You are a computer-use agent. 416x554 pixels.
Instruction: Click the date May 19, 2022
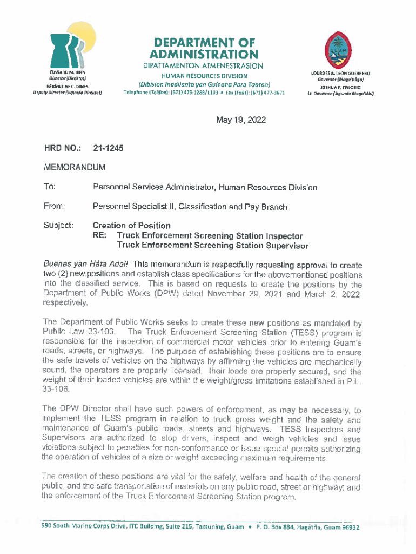[241, 120]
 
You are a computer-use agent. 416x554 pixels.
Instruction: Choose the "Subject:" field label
[59, 226]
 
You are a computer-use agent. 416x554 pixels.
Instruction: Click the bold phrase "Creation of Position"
[132, 226]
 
